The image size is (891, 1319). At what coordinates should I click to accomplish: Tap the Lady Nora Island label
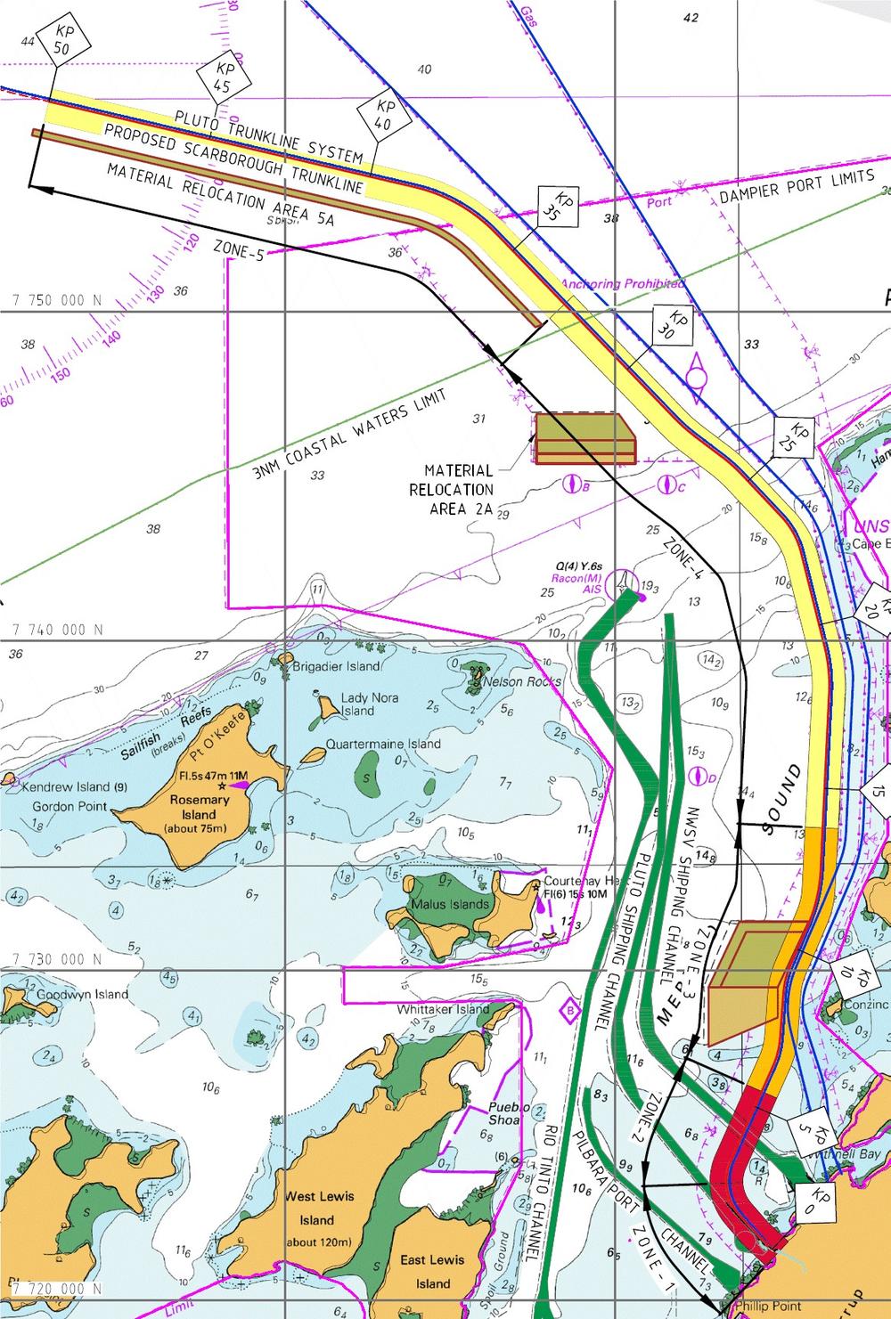[x=356, y=704]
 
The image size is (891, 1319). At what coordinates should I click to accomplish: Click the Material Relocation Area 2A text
[x=459, y=489]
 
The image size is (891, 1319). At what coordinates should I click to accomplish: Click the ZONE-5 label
[x=239, y=248]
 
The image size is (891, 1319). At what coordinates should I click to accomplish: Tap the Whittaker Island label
[x=444, y=1009]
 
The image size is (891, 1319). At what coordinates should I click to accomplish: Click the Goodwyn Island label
[x=81, y=994]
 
